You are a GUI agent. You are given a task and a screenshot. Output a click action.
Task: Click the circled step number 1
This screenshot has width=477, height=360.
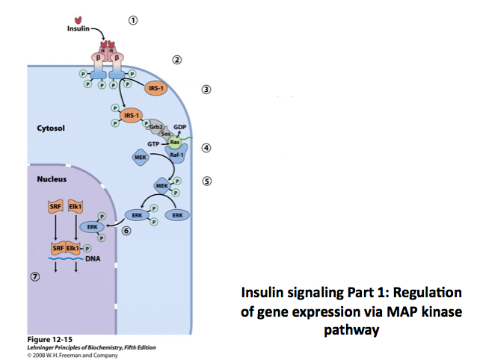point(132,20)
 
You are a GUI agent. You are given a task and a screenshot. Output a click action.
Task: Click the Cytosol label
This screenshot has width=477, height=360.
point(51,128)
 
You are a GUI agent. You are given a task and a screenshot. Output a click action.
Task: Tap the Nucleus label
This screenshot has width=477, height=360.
point(52,179)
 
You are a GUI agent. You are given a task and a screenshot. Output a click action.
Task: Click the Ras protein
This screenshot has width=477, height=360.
point(175,141)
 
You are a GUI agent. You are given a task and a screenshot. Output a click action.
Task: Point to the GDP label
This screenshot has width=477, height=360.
point(179,127)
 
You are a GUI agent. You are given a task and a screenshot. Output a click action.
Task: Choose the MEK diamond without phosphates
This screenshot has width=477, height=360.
point(140,158)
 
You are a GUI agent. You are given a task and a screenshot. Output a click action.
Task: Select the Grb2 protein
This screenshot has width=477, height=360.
point(156,127)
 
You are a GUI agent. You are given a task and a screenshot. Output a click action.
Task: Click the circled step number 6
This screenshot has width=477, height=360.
point(126,232)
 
